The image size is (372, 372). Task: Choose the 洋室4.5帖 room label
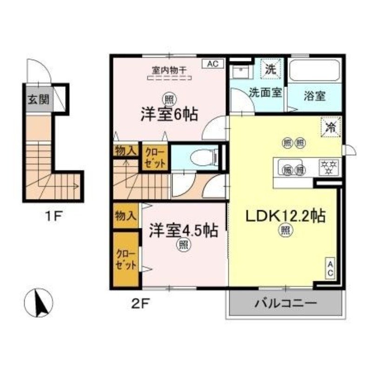(x=183, y=231)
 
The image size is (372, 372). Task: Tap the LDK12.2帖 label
(x=282, y=216)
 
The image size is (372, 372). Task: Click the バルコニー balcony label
(x=286, y=304)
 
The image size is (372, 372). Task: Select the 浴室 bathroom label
(x=314, y=96)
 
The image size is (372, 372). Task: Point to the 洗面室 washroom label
(x=265, y=92)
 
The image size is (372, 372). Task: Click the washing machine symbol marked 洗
(x=270, y=70)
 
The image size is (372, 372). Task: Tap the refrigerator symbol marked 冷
(x=331, y=126)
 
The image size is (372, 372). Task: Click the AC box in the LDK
(x=330, y=268)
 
